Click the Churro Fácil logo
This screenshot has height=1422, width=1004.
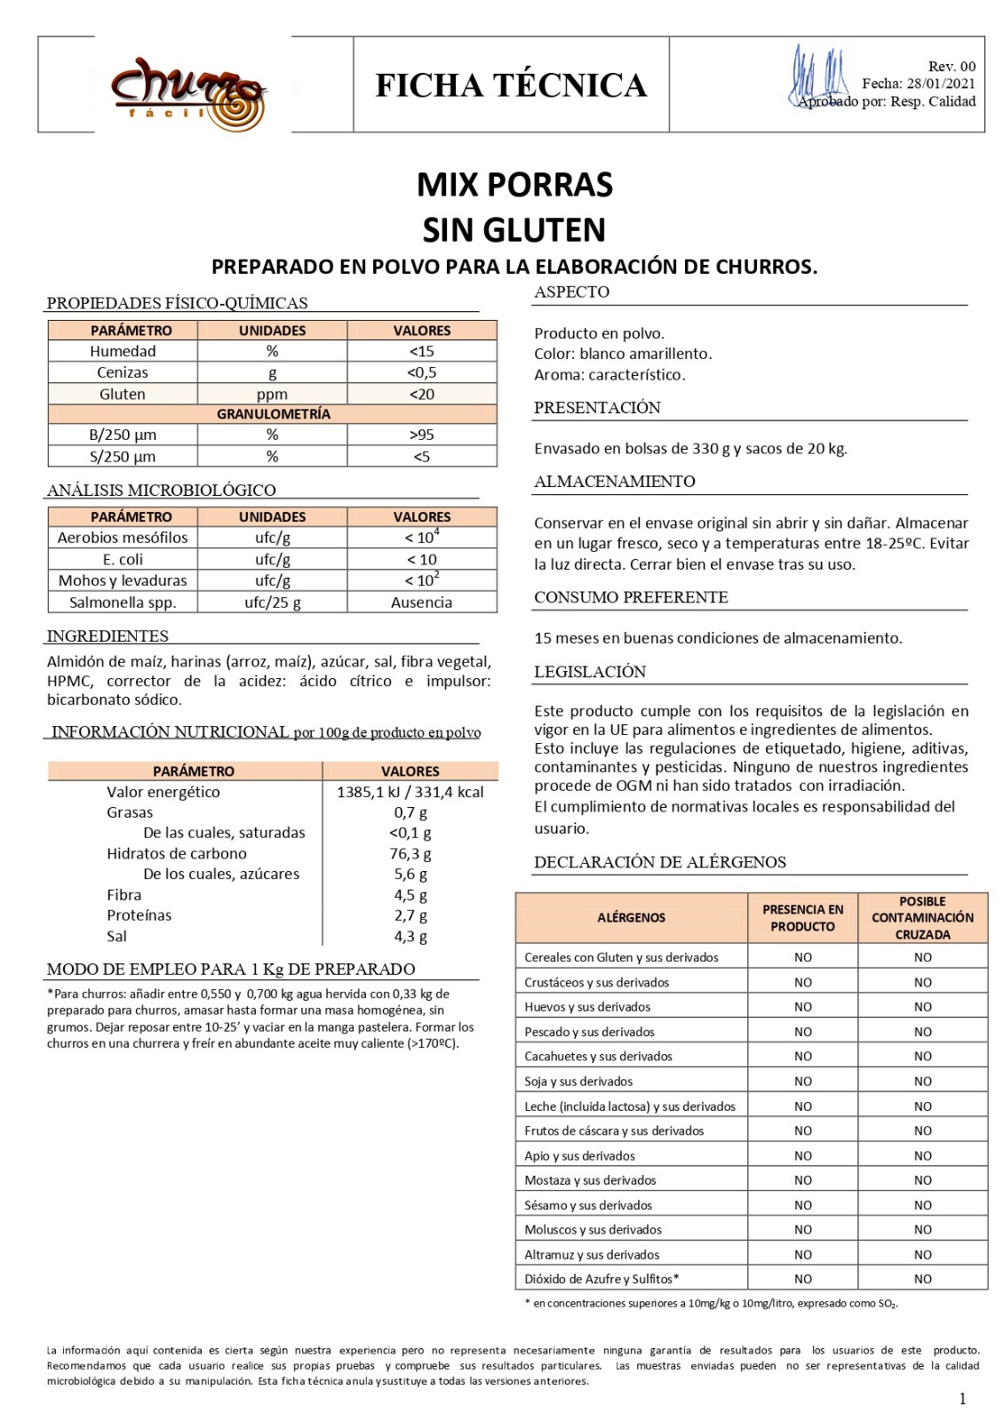click(x=189, y=91)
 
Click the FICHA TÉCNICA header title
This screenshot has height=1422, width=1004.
click(x=511, y=85)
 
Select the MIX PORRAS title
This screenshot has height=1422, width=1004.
click(x=514, y=185)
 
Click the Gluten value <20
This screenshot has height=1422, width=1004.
click(x=421, y=394)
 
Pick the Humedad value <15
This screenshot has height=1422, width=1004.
click(x=421, y=351)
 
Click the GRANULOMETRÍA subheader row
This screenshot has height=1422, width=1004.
click(x=273, y=414)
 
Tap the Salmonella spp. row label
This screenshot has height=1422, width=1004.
click(x=123, y=603)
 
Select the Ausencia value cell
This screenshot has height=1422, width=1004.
click(x=421, y=603)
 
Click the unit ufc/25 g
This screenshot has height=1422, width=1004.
click(x=272, y=603)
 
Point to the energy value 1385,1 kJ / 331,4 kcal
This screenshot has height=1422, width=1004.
click(x=410, y=792)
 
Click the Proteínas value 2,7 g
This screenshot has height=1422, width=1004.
click(x=410, y=915)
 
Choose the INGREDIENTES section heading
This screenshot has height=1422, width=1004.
click(x=108, y=636)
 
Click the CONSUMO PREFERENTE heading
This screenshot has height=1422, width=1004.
click(x=631, y=597)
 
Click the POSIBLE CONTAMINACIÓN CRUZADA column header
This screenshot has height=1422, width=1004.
click(x=922, y=917)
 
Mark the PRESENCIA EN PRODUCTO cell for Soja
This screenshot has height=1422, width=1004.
click(x=802, y=1082)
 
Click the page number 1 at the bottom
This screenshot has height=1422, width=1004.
click(x=962, y=1399)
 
